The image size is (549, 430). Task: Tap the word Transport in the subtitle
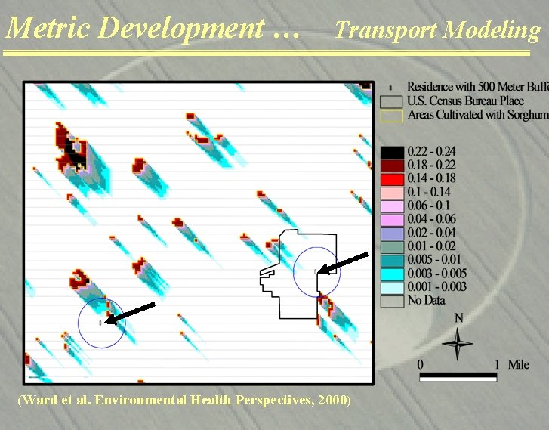(x=386, y=30)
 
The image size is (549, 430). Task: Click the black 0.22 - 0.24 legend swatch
(x=392, y=151)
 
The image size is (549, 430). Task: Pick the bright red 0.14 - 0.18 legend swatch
(x=392, y=178)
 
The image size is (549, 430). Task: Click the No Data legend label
(x=427, y=300)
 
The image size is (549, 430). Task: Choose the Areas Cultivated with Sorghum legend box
(x=392, y=115)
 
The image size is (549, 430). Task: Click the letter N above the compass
(x=458, y=318)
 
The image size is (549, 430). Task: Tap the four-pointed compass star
(x=458, y=344)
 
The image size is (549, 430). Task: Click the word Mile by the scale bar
(x=519, y=364)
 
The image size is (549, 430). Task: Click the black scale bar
(x=458, y=373)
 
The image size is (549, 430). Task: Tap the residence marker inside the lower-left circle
(x=100, y=323)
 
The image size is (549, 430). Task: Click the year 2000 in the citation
(x=333, y=399)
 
